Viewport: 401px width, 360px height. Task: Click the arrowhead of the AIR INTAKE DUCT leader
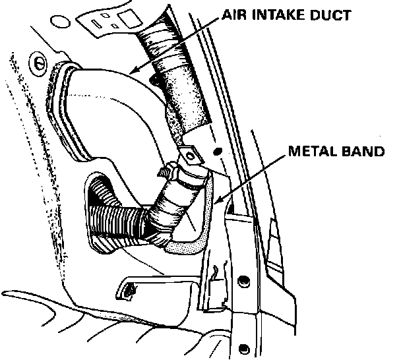[x=131, y=71]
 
